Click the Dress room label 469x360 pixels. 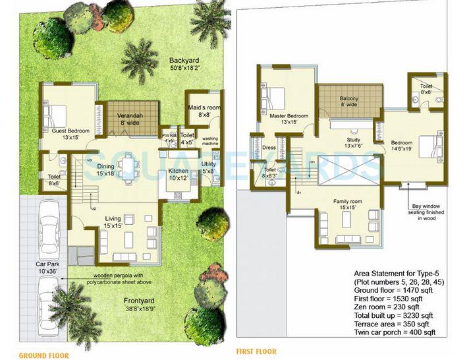point(269,148)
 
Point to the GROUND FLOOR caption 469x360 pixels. point(43,355)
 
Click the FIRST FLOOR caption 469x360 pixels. point(256,351)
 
